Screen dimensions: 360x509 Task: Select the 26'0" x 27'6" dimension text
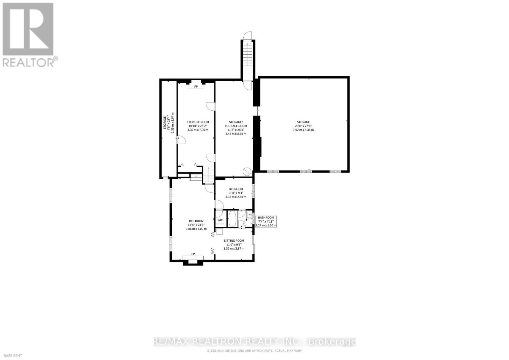click(303, 126)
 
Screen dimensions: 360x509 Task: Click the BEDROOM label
click(236, 189)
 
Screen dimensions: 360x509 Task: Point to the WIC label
click(220, 220)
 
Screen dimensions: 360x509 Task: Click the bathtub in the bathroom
click(233, 218)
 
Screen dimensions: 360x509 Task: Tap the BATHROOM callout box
click(266, 222)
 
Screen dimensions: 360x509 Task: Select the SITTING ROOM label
click(234, 241)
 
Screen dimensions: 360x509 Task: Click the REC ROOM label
click(196, 221)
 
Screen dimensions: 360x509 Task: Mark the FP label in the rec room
click(193, 254)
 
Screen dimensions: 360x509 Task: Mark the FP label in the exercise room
click(196, 87)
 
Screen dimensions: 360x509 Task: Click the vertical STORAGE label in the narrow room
click(165, 123)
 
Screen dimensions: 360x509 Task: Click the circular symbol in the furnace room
click(247, 172)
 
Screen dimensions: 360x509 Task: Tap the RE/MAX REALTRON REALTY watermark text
click(254, 342)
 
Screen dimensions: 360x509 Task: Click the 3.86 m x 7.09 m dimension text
click(196, 229)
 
